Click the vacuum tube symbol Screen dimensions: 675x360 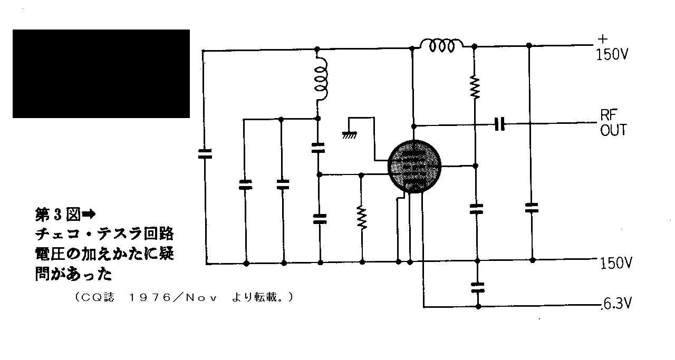pyautogui.click(x=414, y=166)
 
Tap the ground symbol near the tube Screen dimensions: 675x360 pyautogui.click(x=349, y=135)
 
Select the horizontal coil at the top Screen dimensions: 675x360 pyautogui.click(x=442, y=46)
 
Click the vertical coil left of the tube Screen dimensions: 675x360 pyautogui.click(x=321, y=79)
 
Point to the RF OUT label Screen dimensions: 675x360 pyautogui.click(x=613, y=123)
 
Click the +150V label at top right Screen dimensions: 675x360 pyautogui.click(x=612, y=48)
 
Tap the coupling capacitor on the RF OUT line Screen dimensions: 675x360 pyautogui.click(x=499, y=124)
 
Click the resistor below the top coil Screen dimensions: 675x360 pyautogui.click(x=475, y=87)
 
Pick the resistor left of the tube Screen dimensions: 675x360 pyautogui.click(x=362, y=218)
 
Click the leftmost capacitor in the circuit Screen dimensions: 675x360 pyautogui.click(x=205, y=153)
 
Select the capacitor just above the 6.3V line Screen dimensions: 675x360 pyautogui.click(x=478, y=287)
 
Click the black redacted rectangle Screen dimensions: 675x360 pyautogui.click(x=101, y=73)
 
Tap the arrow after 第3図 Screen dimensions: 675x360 pyautogui.click(x=89, y=214)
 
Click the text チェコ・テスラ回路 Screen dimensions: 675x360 pyautogui.click(x=104, y=234)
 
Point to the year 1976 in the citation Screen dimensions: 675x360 pyautogui.click(x=150, y=298)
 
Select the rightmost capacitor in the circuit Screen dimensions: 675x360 pyautogui.click(x=532, y=208)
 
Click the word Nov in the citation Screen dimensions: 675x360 pyautogui.click(x=201, y=298)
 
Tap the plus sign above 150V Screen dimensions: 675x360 pyautogui.click(x=603, y=39)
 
